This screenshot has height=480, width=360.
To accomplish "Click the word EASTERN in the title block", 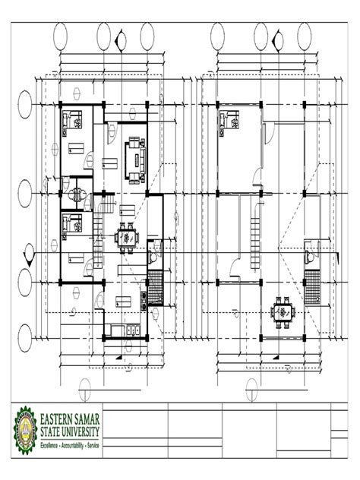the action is coord(58,419).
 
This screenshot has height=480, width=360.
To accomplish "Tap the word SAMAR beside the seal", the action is coord(88,419).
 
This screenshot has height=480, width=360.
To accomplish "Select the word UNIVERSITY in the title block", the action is coord(81,432).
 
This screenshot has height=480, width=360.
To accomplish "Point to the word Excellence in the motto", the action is coord(49,445).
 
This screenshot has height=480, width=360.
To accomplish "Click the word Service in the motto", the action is coord(93,445).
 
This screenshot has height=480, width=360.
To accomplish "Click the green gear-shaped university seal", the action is coord(26,431).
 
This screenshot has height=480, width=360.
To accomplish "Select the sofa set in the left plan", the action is coord(135,160).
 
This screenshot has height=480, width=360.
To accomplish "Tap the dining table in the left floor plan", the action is coord(126,238).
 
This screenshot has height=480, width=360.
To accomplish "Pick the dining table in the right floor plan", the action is coord(283,313).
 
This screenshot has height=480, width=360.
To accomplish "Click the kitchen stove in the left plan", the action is coord(144,301).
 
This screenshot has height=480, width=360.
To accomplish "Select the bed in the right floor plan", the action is coord(229,123).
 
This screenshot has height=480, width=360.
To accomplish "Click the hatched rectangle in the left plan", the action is coord(155,287).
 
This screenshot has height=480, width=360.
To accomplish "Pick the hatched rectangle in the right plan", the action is coord(312,287).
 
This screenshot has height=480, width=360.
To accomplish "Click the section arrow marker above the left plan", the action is coord(121,40).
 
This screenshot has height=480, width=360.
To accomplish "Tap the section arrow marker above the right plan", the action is coord(278,40).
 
